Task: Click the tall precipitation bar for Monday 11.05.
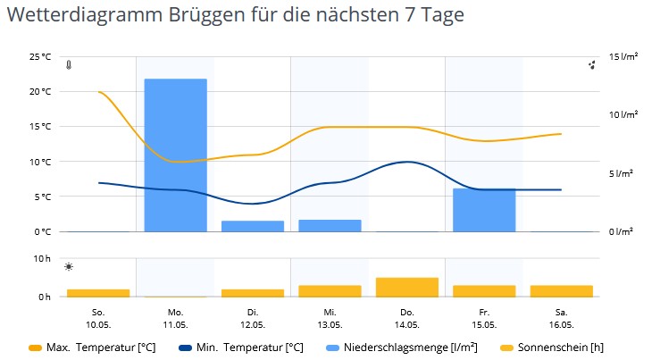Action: [x=176, y=155]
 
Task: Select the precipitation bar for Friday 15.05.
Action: [x=484, y=210]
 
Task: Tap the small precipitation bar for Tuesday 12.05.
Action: [x=253, y=226]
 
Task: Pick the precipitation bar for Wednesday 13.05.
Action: [x=330, y=226]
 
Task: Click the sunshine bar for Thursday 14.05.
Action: [x=407, y=287]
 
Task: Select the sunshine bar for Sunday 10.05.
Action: [x=98, y=293]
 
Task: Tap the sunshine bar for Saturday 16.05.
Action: [x=562, y=291]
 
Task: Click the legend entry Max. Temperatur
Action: [x=92, y=347]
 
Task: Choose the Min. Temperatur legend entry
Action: [x=241, y=347]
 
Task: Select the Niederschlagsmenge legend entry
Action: [x=402, y=347]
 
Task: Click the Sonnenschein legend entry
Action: [x=552, y=347]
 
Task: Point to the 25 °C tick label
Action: [x=40, y=56]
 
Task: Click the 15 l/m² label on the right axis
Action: [x=623, y=56]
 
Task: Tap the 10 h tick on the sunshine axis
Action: [x=42, y=258]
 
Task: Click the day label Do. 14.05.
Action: [x=407, y=319]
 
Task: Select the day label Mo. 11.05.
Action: [x=176, y=319]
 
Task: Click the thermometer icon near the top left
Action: [x=69, y=65]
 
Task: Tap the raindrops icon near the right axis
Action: [x=592, y=65]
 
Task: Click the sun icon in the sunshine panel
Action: [x=69, y=267]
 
